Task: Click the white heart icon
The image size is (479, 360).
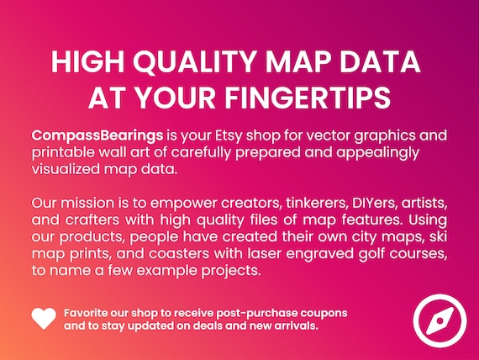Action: (44, 318)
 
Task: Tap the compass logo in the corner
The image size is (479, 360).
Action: (440, 320)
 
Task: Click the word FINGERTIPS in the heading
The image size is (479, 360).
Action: (308, 98)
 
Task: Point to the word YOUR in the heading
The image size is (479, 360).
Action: (175, 98)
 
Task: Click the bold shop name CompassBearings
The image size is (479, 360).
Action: (97, 135)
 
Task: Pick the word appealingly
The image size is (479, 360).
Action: (377, 152)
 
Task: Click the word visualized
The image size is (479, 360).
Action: (66, 169)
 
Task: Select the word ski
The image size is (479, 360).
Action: (438, 236)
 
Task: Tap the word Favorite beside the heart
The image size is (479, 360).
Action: (86, 313)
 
